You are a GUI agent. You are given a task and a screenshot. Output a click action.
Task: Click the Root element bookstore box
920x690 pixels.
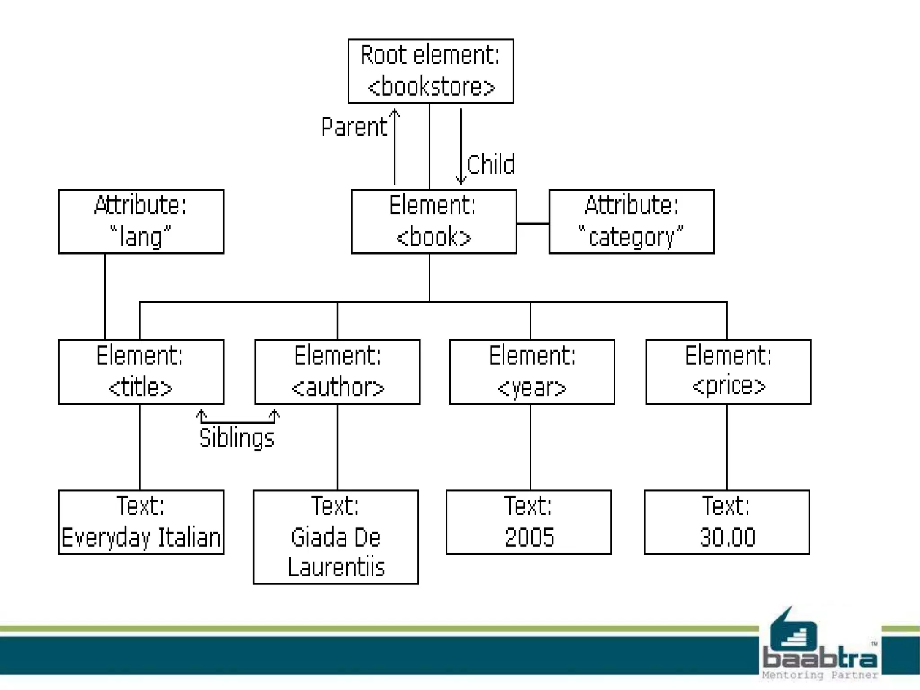click(x=430, y=71)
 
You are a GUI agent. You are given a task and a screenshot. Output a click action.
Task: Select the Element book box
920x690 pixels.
click(x=433, y=221)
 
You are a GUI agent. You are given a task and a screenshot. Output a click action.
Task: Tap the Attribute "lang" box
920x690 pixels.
click(x=141, y=221)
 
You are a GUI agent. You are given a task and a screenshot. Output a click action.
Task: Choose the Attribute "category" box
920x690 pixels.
click(x=631, y=221)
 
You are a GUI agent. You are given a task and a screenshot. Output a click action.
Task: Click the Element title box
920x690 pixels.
click(x=141, y=372)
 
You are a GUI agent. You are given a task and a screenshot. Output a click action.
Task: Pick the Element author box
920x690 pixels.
click(x=337, y=372)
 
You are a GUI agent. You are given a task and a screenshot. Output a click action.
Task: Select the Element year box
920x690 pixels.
click(x=532, y=372)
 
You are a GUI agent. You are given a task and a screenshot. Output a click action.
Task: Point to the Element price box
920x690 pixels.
click(x=728, y=372)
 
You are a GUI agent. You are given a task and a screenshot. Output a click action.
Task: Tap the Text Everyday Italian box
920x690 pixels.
click(x=141, y=522)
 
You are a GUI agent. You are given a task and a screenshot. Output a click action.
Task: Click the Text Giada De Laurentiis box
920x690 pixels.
click(x=336, y=537)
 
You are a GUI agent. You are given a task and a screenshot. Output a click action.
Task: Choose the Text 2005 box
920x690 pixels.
click(x=529, y=522)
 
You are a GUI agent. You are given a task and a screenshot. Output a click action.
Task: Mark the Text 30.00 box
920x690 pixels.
click(x=726, y=522)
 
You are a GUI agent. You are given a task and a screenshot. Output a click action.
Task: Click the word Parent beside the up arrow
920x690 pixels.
click(x=354, y=127)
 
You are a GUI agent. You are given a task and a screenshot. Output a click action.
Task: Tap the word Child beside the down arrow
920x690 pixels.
click(x=491, y=164)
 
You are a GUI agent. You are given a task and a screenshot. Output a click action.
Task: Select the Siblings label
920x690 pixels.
click(x=237, y=438)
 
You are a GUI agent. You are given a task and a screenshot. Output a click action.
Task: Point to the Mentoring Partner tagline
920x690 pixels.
click(x=819, y=675)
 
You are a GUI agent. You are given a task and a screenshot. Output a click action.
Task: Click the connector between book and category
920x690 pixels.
click(x=533, y=223)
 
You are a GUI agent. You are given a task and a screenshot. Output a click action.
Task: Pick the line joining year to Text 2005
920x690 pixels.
click(x=531, y=447)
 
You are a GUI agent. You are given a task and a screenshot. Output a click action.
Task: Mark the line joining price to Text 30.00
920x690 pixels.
click(x=727, y=447)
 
